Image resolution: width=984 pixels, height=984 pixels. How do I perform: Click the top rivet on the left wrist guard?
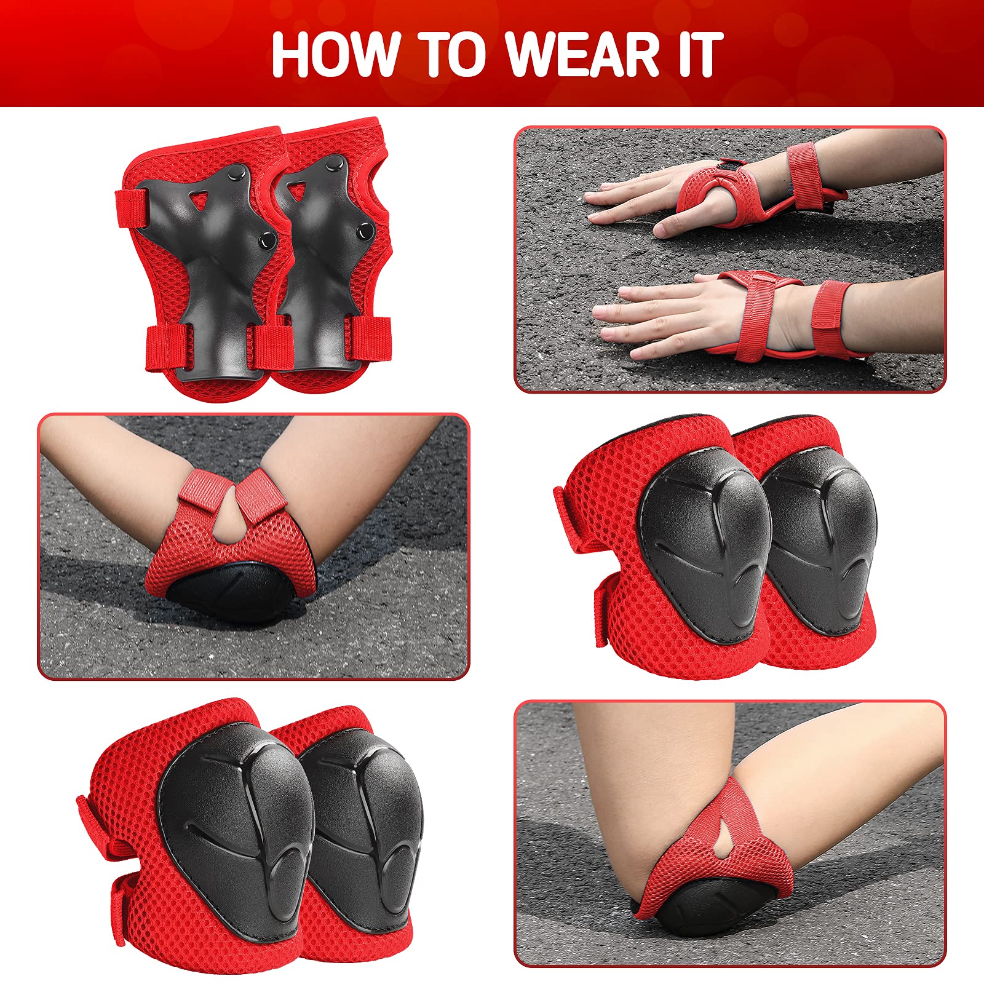click(x=236, y=176)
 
